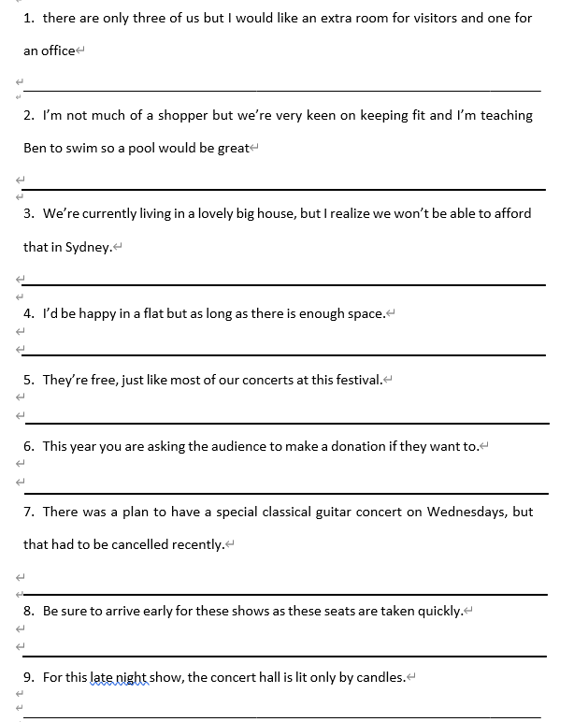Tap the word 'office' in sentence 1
click(58, 51)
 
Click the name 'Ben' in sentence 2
click(36, 148)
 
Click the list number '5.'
click(29, 380)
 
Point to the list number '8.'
click(29, 611)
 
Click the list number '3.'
click(29, 213)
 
